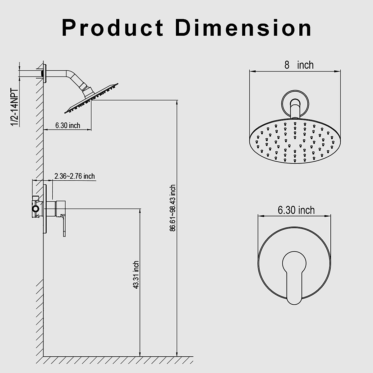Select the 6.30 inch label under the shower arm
coord(67,125)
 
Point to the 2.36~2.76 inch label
coord(75,176)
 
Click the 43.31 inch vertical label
coord(136,275)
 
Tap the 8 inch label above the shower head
coord(299,65)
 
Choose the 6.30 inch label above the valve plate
coord(296,210)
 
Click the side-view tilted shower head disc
coord(92,98)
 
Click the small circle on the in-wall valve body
coord(36,209)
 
